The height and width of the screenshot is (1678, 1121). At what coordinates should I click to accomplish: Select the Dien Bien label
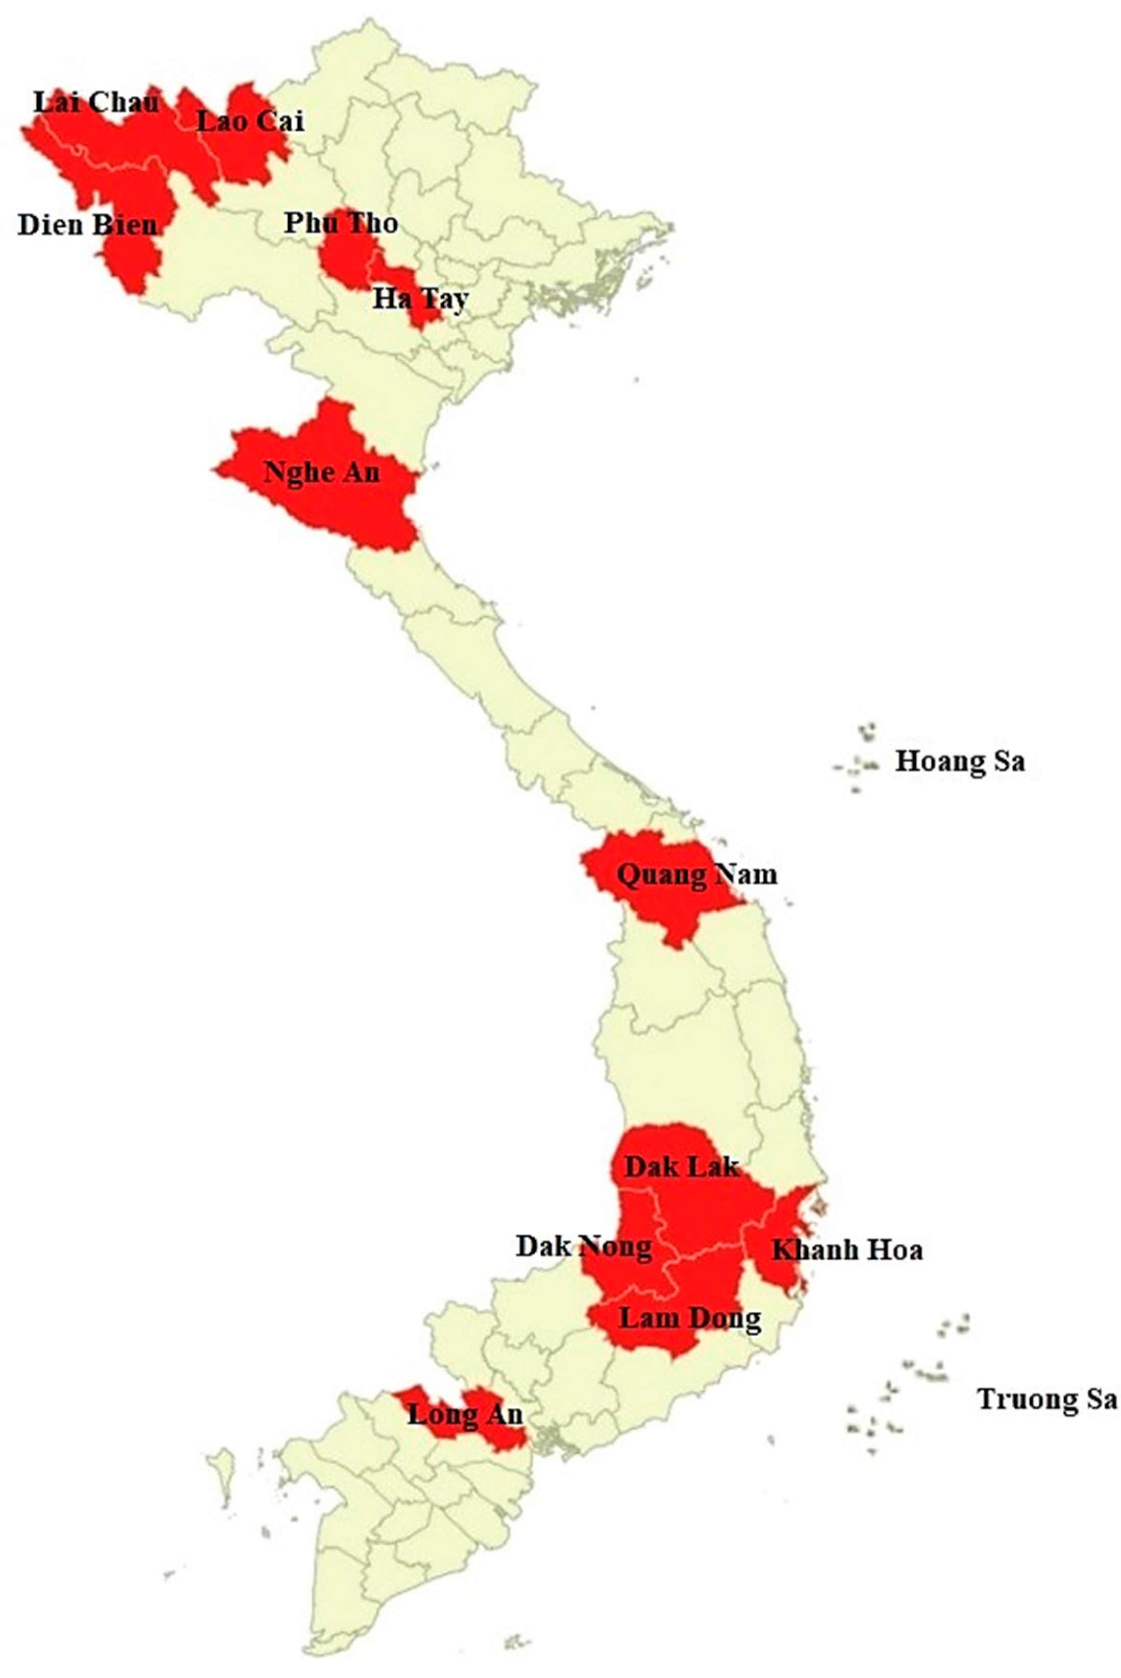[x=87, y=225]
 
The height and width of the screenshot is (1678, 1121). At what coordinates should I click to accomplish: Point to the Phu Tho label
[x=341, y=224]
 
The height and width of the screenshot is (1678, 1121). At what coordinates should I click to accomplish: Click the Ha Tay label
[x=420, y=298]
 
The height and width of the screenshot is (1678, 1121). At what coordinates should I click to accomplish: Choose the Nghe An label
[x=322, y=472]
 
